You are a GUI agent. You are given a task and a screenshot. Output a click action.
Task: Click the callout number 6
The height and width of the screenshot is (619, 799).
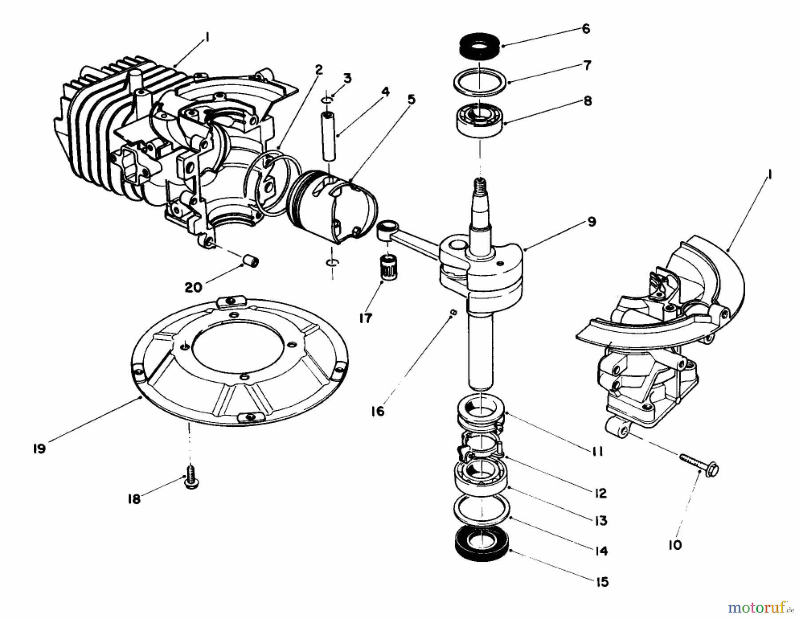[x=585, y=29]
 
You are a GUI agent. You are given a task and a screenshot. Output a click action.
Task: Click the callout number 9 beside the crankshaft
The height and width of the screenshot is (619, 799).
[x=591, y=222]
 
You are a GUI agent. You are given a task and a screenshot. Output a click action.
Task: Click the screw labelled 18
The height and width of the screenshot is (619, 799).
[x=191, y=481]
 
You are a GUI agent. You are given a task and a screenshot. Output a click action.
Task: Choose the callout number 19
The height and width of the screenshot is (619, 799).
[x=39, y=449]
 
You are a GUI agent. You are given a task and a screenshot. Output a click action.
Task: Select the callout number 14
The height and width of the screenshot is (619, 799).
[x=601, y=551]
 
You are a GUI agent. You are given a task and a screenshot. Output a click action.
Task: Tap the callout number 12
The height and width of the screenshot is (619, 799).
[x=600, y=493]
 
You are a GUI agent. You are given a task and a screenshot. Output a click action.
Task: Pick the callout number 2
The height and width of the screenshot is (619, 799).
[x=319, y=70]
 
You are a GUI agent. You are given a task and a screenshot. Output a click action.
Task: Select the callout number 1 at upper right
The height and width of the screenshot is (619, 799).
[x=769, y=176]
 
